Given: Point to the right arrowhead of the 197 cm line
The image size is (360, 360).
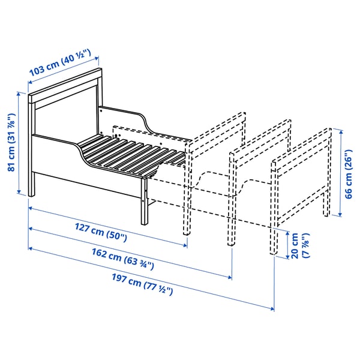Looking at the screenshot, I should (272, 309).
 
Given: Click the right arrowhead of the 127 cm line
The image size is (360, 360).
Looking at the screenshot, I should (186, 246).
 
